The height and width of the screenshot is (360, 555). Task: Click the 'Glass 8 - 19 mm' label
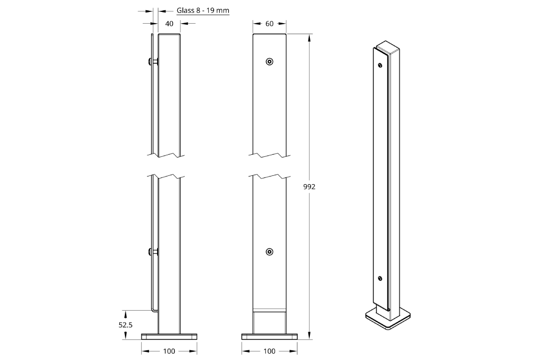coord(203,10)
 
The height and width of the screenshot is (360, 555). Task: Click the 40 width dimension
coord(169,23)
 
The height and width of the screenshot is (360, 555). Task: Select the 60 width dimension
coord(269,23)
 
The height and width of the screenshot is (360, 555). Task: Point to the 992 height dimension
coord(309,187)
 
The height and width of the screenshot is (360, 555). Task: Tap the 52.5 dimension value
coord(125,325)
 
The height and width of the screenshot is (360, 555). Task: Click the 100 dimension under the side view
coord(169,351)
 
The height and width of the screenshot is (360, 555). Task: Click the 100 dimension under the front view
coord(269,351)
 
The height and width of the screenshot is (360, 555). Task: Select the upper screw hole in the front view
coord(269,62)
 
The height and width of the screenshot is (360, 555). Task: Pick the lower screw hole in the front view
coord(269,252)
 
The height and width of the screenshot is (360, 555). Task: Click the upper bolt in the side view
coord(153,62)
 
